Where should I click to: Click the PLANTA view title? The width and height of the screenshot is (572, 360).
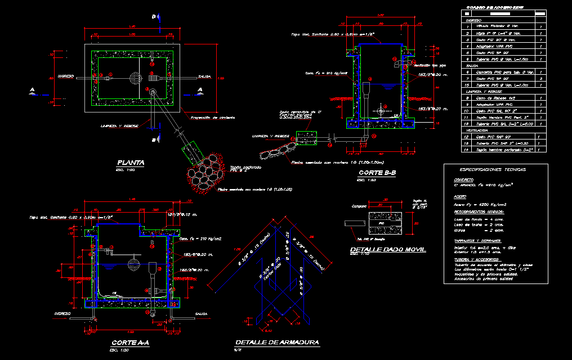click(x=130, y=163)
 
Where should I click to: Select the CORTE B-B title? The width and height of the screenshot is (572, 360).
click(x=375, y=173)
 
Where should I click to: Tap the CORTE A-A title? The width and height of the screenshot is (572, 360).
click(x=129, y=343)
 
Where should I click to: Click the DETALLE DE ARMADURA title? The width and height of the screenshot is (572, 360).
click(x=277, y=343)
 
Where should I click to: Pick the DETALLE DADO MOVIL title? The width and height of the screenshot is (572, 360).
click(x=387, y=249)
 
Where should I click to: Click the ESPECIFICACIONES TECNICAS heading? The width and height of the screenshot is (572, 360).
click(x=493, y=169)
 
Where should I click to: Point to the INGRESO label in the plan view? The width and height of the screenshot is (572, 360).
click(x=65, y=76)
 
